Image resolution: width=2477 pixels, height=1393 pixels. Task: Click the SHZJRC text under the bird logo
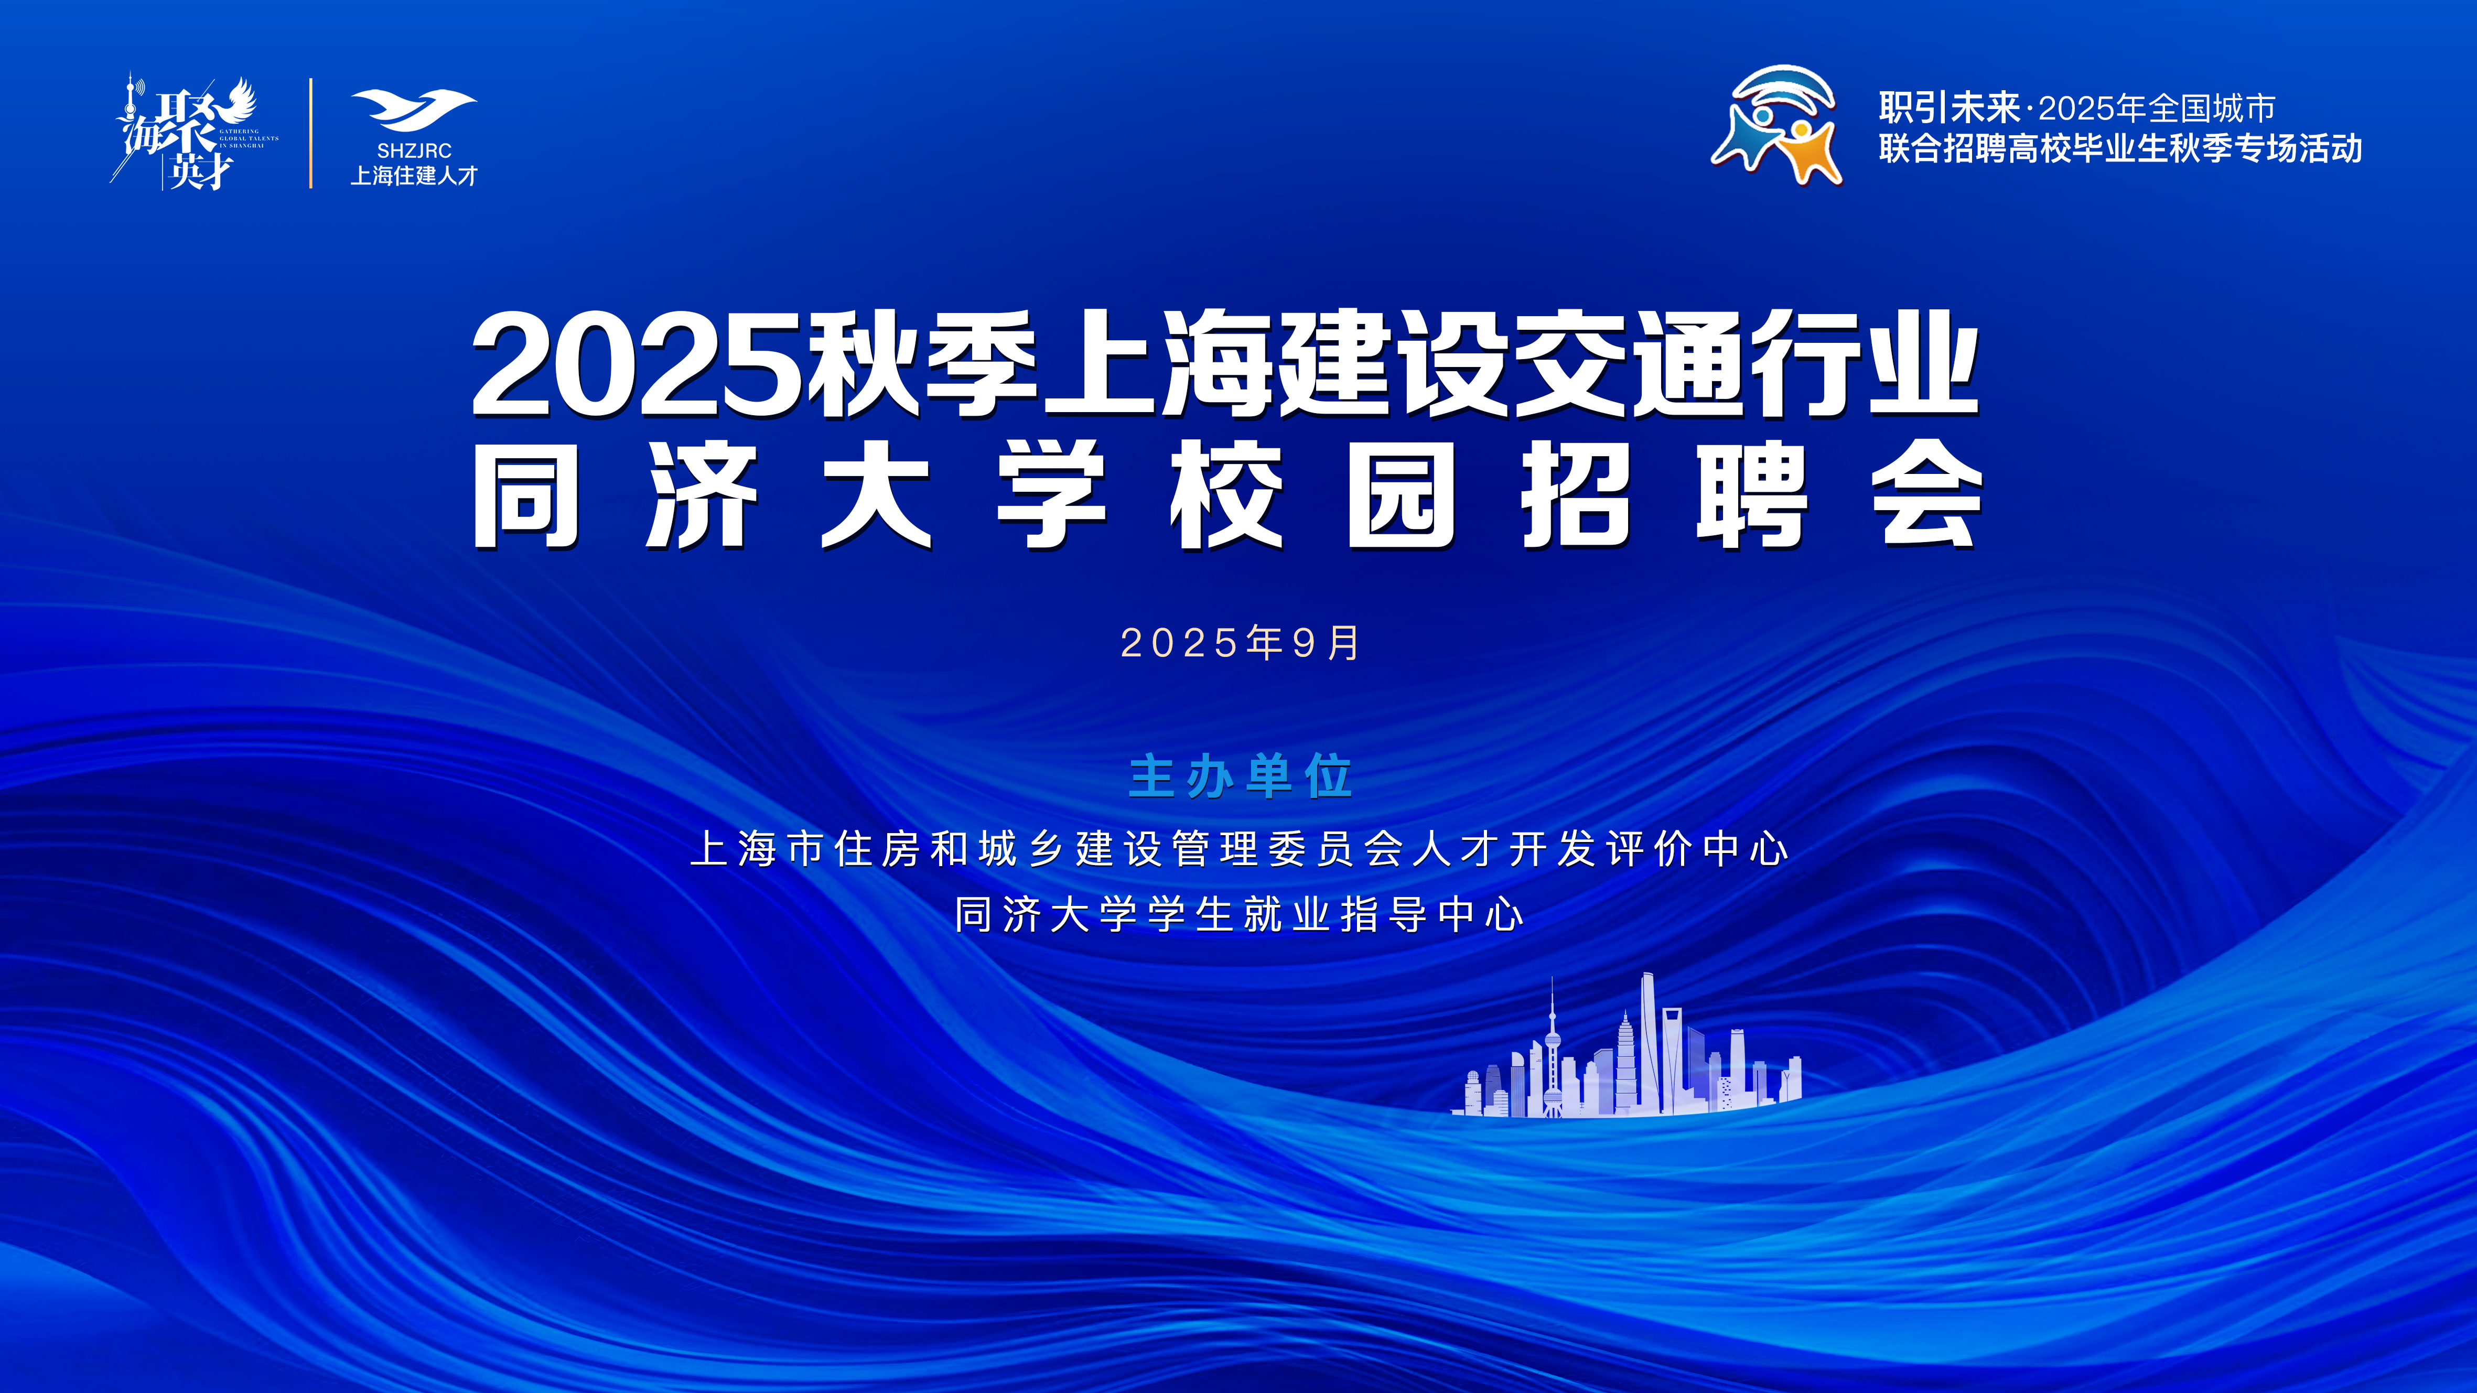pyautogui.click(x=414, y=151)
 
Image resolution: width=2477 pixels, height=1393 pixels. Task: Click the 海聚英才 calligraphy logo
pyautogui.click(x=195, y=132)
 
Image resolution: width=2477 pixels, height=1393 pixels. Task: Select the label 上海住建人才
pyautogui.click(x=414, y=176)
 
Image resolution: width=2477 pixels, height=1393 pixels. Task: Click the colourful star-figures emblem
pyautogui.click(x=1777, y=125)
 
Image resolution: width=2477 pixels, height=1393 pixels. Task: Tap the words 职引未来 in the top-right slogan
pyautogui.click(x=1949, y=107)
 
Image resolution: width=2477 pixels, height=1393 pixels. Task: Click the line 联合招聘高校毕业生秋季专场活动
pyautogui.click(x=2120, y=149)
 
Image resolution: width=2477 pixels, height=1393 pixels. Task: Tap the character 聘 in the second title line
pyautogui.click(x=1751, y=494)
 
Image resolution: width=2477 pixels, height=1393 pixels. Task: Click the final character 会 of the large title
pyautogui.click(x=1927, y=494)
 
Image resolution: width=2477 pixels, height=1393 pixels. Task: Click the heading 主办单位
pyautogui.click(x=1241, y=777)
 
